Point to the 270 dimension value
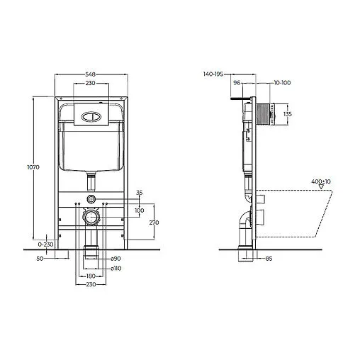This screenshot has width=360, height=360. [154, 222]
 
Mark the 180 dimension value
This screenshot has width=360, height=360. [91, 276]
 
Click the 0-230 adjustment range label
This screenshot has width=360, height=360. [45, 244]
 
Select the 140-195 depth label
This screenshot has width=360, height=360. [213, 73]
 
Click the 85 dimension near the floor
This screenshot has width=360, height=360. [269, 257]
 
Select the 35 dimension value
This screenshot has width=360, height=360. [139, 192]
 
